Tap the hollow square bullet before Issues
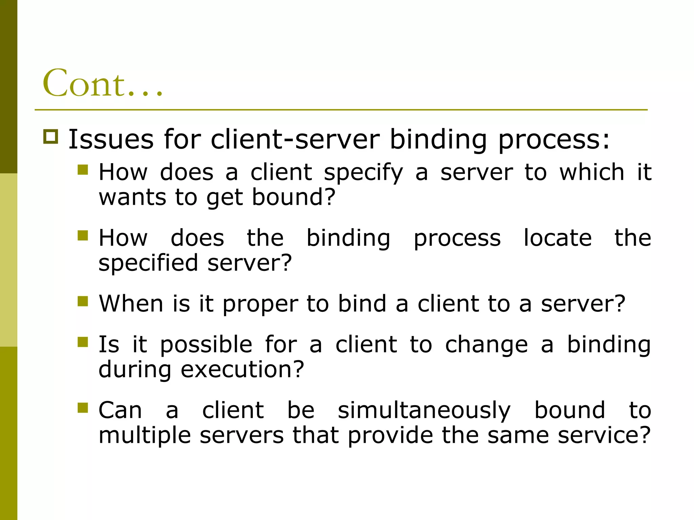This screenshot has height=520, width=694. click(x=51, y=137)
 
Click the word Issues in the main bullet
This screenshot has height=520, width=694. click(x=111, y=139)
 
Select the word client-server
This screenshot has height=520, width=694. click(x=295, y=139)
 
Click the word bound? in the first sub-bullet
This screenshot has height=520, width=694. click(x=294, y=197)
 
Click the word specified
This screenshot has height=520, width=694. click(x=148, y=263)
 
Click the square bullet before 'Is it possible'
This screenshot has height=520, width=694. click(x=83, y=342)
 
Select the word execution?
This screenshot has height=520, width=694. click(x=242, y=370)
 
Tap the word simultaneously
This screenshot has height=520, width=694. click(x=424, y=411)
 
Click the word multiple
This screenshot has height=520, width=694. click(x=145, y=436)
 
